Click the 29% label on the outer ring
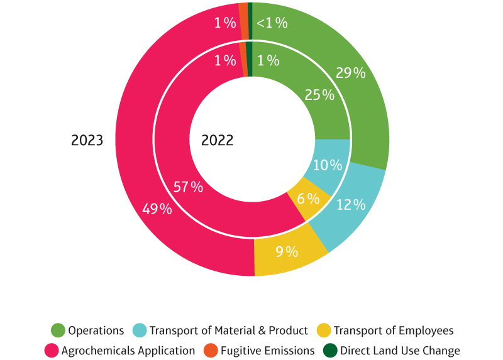point(350,73)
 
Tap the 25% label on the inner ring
point(319,95)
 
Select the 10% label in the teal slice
point(328,166)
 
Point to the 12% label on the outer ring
point(351,205)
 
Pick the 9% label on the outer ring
point(286,252)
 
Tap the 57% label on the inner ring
point(188,187)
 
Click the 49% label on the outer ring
point(157,209)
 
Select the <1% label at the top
point(272,23)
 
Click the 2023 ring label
point(87,140)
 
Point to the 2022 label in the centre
point(218,140)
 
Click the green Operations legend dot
point(58,330)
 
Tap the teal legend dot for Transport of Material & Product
point(140,330)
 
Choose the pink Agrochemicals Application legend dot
point(52,350)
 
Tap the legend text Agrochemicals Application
point(129,351)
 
